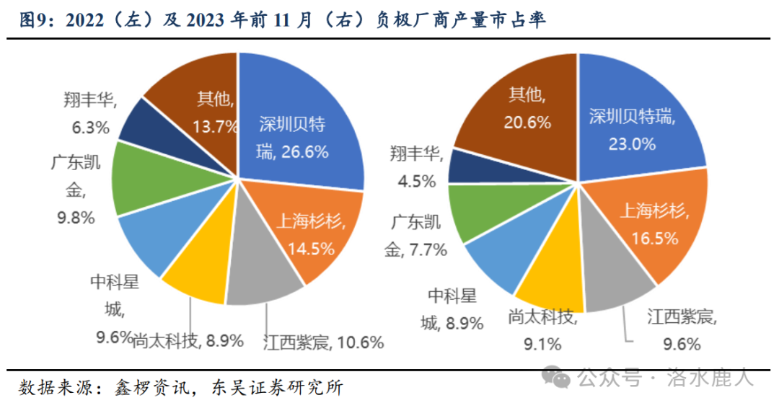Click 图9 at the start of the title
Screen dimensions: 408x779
[35, 21]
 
